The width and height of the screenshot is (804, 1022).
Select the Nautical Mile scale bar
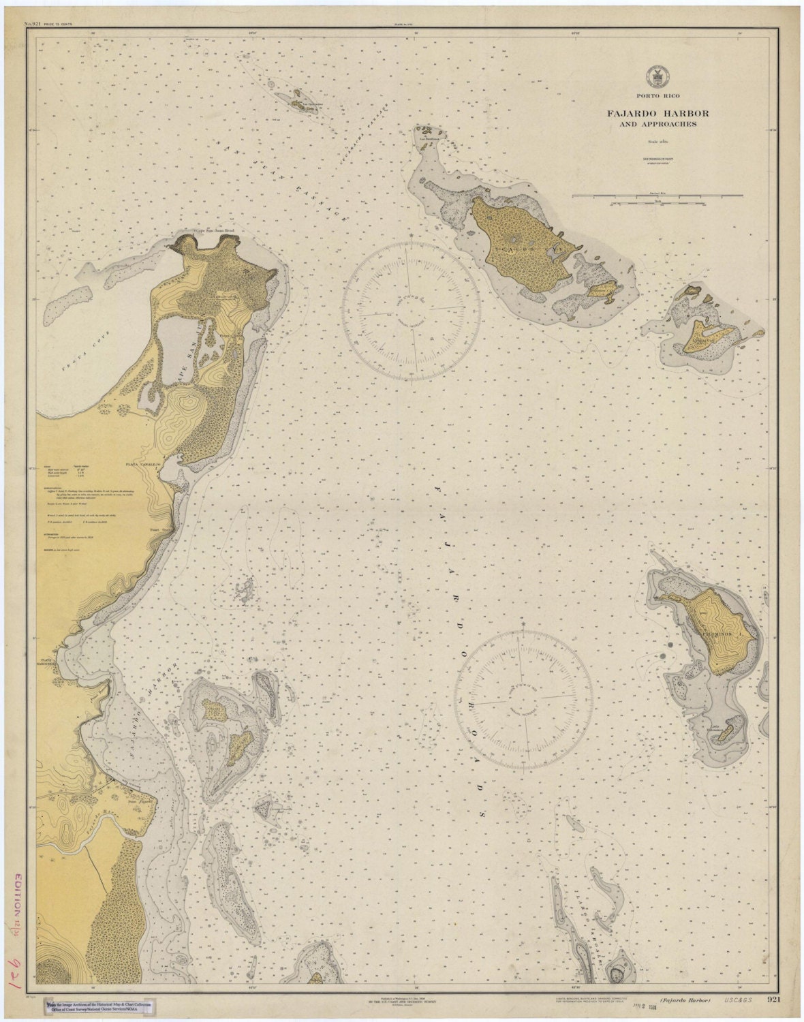click(x=658, y=196)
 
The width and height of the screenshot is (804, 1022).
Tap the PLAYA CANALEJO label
click(x=142, y=463)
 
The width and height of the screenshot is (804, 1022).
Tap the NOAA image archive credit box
click(x=99, y=1007)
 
